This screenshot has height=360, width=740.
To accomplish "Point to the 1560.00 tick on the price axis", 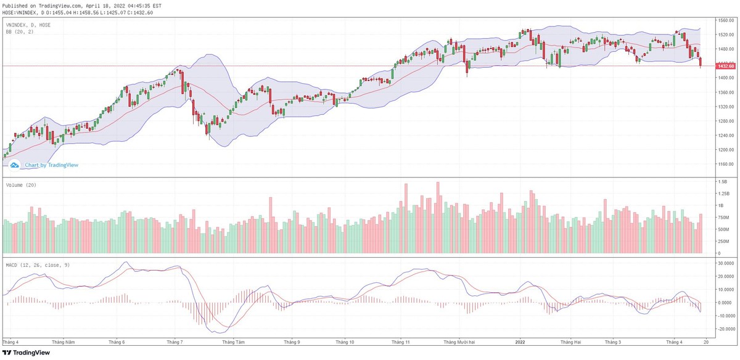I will (726, 20).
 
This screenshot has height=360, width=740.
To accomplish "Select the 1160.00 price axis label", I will (726, 165).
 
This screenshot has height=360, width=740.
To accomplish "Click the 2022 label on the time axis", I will (520, 341).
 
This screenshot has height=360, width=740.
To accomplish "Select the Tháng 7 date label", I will (175, 341).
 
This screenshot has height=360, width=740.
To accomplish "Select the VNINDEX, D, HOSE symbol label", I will (28, 25).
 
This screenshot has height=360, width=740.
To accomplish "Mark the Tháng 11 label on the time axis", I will (401, 341).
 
